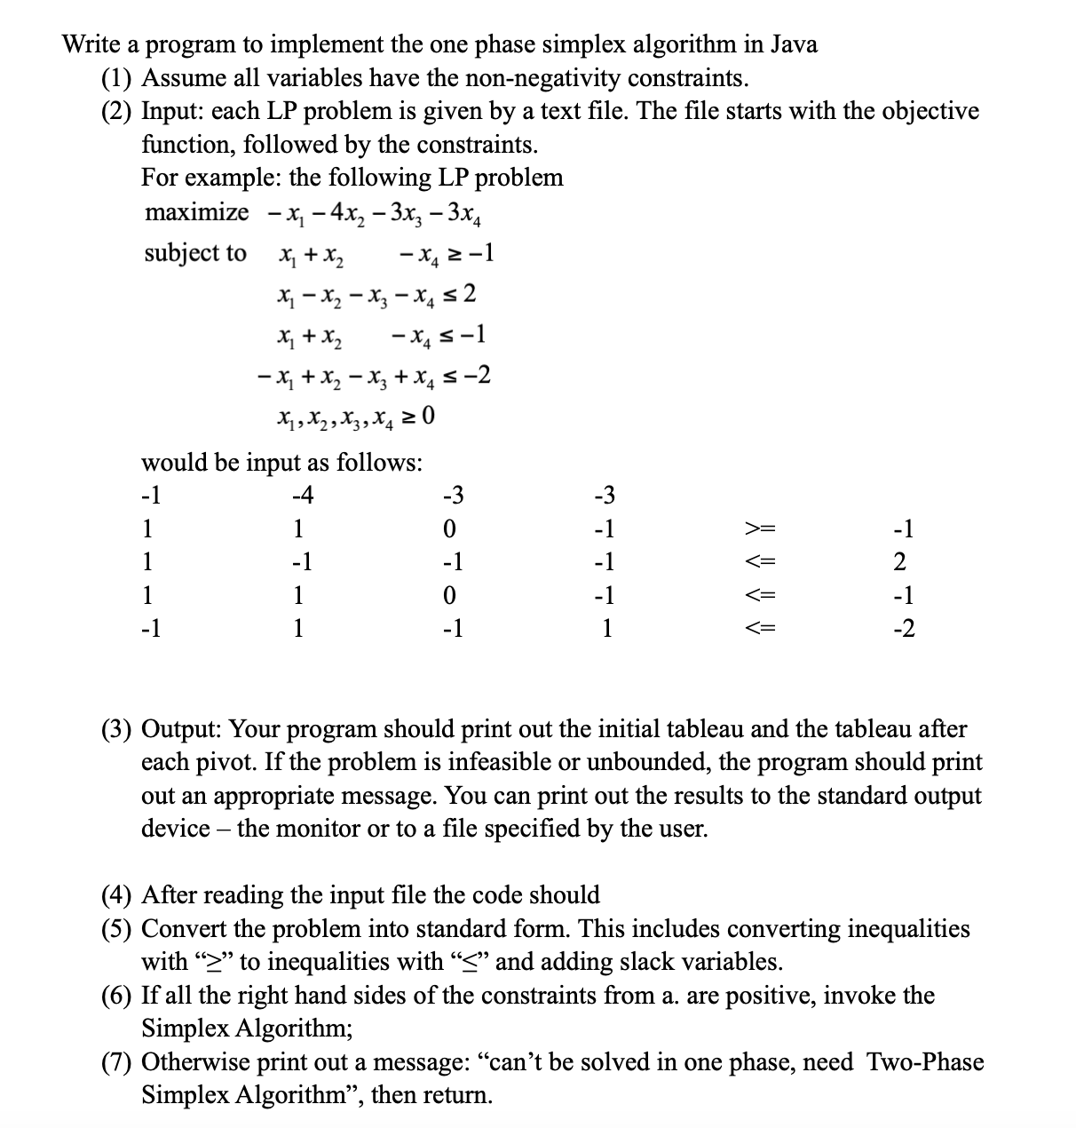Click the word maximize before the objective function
(x=196, y=213)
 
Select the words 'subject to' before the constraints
(x=195, y=254)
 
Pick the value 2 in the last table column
(x=899, y=563)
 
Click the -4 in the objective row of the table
(x=303, y=496)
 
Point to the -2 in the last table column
(x=902, y=630)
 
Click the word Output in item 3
(x=182, y=730)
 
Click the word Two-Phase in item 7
(x=924, y=1062)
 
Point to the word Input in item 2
(x=170, y=112)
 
